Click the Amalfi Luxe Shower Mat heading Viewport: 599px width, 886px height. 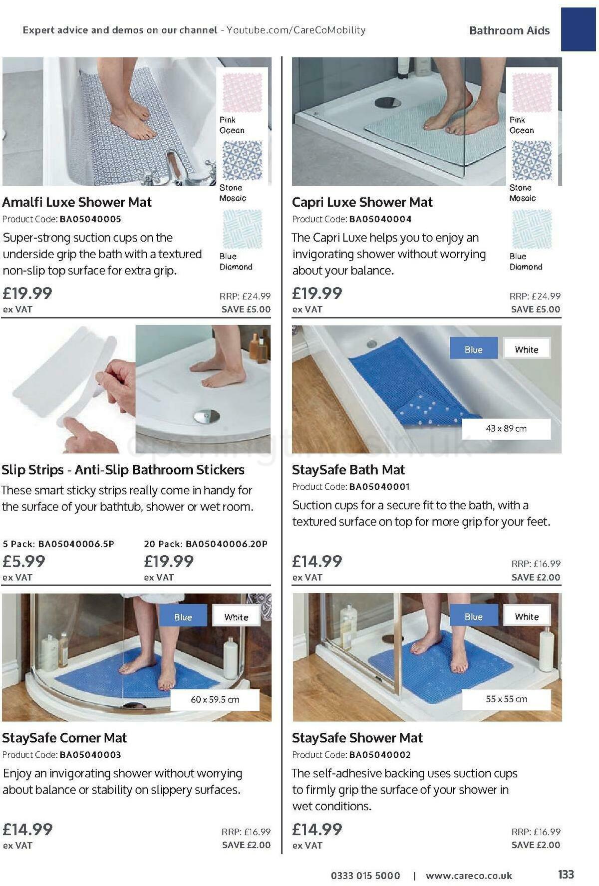pos(77,202)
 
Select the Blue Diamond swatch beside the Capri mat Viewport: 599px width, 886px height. pos(532,229)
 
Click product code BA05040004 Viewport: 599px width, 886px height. pos(380,219)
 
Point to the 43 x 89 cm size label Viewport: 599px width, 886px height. pos(506,429)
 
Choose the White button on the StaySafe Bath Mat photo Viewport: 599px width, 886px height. pos(527,349)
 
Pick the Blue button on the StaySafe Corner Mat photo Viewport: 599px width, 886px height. pos(183,617)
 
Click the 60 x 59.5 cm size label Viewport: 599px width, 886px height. pos(215,699)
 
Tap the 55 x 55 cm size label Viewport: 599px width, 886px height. pos(506,699)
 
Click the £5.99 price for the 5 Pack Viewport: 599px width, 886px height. pos(24,562)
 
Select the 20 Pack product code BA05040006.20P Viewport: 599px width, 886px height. pos(226,544)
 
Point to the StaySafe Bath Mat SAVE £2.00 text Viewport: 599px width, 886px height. pos(536,578)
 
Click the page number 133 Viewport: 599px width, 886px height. pos(566,874)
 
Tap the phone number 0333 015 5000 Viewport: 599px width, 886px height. pos(365,876)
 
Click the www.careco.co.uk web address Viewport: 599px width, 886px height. pos(469,876)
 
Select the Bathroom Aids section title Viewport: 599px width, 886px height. pos(509,30)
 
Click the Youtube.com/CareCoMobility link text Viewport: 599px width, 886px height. pos(296,30)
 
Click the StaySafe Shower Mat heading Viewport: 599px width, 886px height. pos(357,738)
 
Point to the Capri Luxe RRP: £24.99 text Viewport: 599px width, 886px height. pos(535,296)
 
